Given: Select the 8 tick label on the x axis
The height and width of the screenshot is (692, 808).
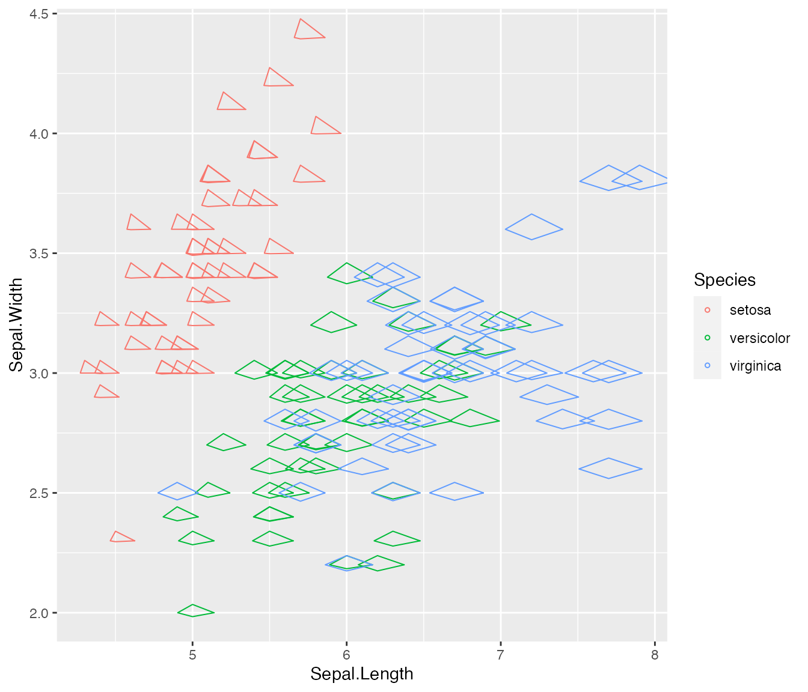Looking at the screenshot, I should coord(655,654).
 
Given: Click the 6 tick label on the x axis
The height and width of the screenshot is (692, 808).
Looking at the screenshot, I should coord(346,654).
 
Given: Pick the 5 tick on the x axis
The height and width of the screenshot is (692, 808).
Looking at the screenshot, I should coord(192,654).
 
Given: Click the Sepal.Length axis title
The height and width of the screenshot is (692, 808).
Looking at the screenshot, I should coord(362,674).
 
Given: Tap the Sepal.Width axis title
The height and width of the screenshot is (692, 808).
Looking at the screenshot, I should coord(16,324).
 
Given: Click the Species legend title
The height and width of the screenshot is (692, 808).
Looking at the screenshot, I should coord(724,280).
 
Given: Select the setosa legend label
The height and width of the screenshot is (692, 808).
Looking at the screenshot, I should coord(750,310).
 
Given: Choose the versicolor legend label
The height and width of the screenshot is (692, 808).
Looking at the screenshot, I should coord(759,338).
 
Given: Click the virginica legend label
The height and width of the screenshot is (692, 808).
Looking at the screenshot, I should coord(755,366).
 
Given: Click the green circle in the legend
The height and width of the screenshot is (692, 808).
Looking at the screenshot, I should coord(707,338).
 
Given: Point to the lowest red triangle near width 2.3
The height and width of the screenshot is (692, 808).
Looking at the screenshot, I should coord(120,538).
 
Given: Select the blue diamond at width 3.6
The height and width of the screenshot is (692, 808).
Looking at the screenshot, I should coord(533,227).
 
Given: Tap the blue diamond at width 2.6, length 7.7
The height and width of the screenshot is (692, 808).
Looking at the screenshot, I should coord(610,469).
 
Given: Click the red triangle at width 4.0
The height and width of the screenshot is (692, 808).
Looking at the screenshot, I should coord(323,127).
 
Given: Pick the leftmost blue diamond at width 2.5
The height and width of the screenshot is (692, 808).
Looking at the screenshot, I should coord(177,491).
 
